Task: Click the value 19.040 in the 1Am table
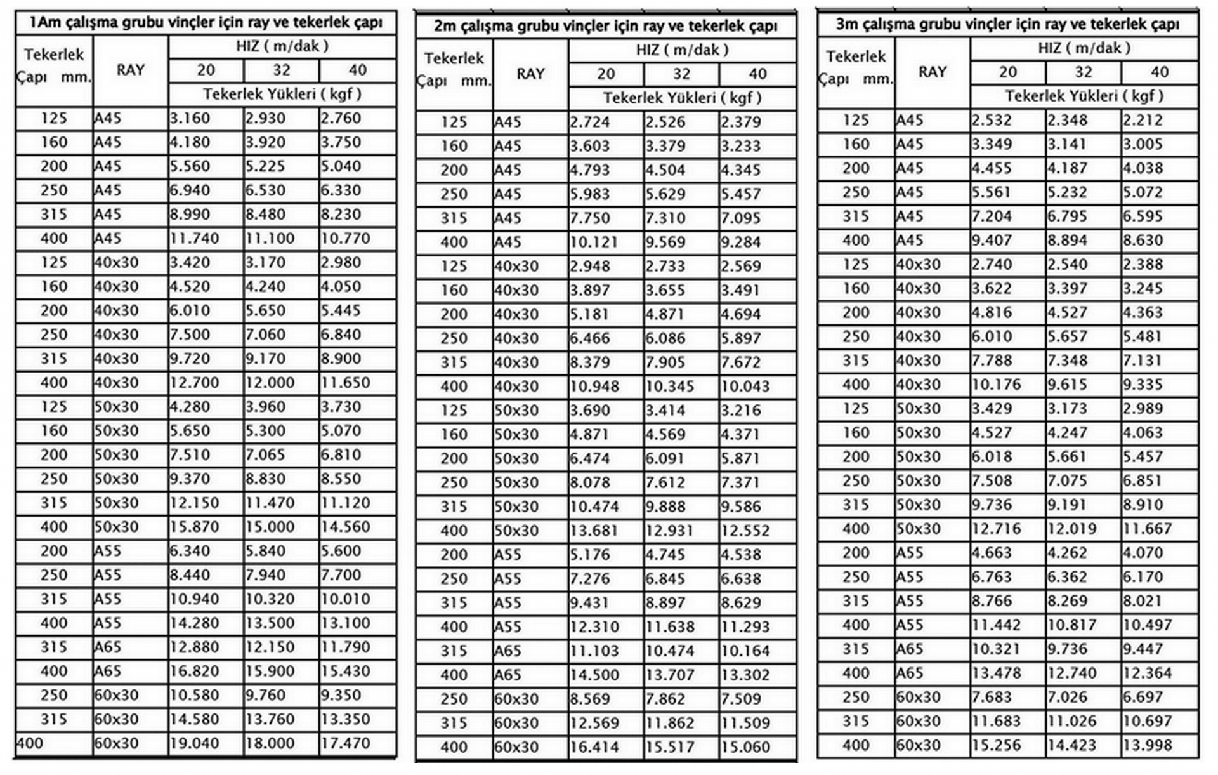pos(194,743)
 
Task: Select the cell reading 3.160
pos(190,119)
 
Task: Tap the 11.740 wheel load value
pos(194,239)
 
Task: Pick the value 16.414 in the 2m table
pos(594,747)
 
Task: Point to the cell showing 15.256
pos(997,745)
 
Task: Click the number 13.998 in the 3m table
pos(1147,745)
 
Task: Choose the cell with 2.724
pos(590,122)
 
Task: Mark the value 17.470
pos(345,743)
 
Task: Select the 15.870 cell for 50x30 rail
pos(194,527)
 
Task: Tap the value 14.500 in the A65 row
pos(594,675)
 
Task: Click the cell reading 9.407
pos(992,241)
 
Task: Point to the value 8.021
pos(1143,601)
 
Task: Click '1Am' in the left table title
pos(44,23)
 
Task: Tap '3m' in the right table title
pos(847,25)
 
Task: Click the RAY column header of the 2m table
pos(530,74)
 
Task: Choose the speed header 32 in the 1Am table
pos(282,70)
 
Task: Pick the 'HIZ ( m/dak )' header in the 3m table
pos(1084,48)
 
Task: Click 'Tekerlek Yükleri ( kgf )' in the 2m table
pos(682,98)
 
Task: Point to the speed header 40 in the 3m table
pos(1159,72)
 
